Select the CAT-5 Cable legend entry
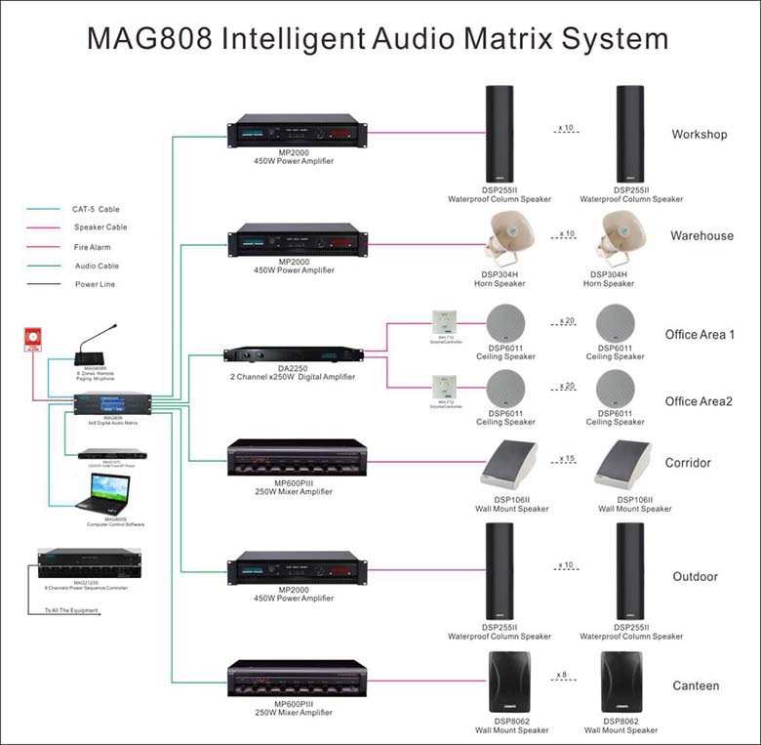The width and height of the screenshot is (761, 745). click(96, 209)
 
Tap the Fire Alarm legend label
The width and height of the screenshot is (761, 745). click(93, 247)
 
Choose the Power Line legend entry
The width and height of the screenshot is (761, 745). click(96, 284)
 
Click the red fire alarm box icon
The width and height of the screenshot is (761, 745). click(32, 339)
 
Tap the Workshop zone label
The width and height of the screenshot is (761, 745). click(699, 134)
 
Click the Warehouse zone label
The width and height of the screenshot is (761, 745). click(701, 235)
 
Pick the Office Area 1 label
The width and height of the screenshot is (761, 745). click(700, 334)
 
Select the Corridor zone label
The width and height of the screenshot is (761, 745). click(688, 463)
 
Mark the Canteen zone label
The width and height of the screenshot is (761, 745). click(696, 685)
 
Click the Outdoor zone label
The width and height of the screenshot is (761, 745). click(695, 576)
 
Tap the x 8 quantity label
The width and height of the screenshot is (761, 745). click(562, 675)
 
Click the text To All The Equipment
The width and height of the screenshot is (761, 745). click(71, 610)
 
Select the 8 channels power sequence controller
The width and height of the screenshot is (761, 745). click(83, 564)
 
